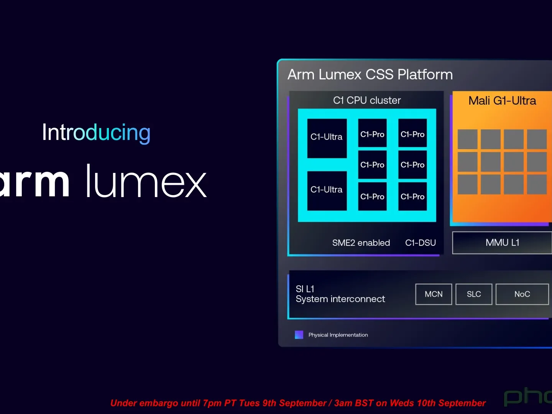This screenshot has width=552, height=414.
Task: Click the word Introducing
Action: [x=96, y=133]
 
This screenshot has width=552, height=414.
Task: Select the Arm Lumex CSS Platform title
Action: [x=370, y=74]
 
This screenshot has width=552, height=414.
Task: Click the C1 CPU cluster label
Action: [x=367, y=100]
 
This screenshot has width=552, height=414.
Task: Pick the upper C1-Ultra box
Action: [x=327, y=138]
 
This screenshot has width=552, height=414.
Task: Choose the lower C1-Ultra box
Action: [x=327, y=191]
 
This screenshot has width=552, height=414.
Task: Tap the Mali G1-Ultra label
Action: [x=502, y=101]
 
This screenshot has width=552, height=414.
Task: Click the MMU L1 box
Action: [x=502, y=243]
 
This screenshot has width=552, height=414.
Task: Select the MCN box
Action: [x=434, y=294]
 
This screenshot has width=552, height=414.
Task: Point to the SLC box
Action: [x=474, y=294]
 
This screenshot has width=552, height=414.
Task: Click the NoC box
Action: [x=522, y=294]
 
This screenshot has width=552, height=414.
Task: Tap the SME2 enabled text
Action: [x=361, y=243]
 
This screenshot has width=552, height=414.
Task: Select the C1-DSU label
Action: [x=421, y=243]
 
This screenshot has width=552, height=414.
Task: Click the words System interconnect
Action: [x=340, y=299]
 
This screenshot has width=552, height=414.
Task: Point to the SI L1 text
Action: [x=305, y=289]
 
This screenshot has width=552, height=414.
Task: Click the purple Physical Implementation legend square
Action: [x=299, y=335]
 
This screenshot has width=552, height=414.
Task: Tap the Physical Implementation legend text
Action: [x=338, y=335]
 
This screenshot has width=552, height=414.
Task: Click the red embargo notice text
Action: [x=298, y=403]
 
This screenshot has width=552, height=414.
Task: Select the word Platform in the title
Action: [x=425, y=74]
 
